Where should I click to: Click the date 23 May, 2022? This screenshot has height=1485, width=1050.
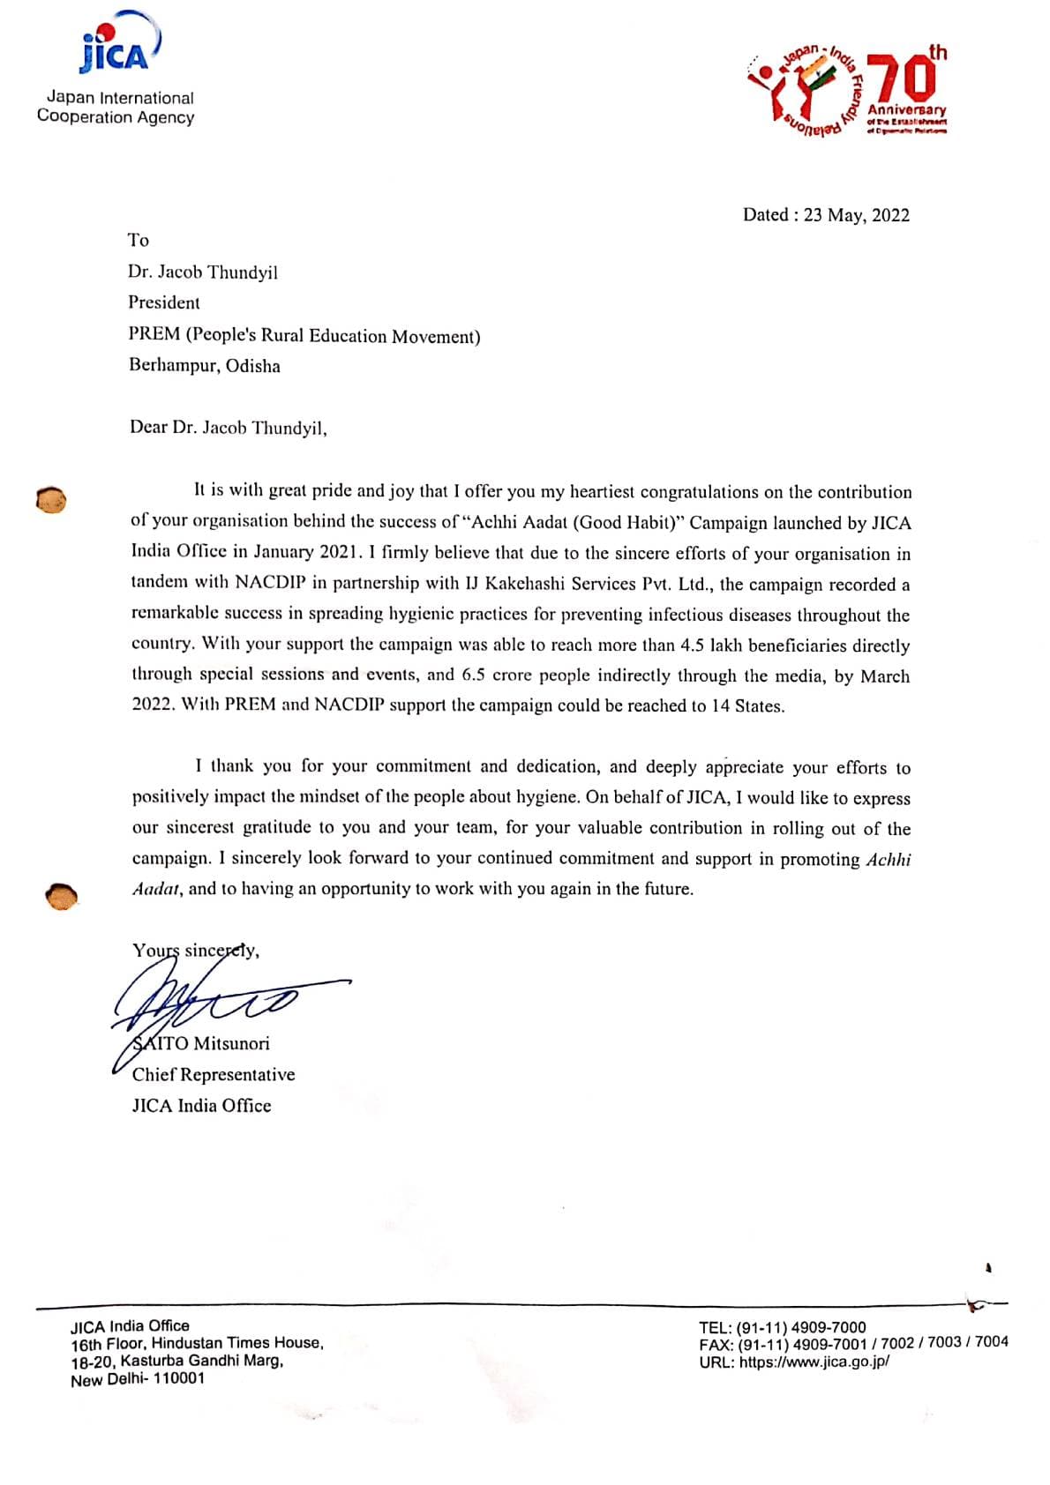point(856,215)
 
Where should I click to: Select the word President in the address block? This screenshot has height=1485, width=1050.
point(164,302)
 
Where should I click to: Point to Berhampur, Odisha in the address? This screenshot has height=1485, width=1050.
point(205,365)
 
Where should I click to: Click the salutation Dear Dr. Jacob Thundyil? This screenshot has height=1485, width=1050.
point(228,428)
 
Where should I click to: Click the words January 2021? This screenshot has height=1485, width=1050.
point(307,552)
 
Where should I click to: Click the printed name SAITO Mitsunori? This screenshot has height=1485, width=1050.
point(201,1043)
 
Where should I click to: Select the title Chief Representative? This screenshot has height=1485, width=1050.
point(214,1074)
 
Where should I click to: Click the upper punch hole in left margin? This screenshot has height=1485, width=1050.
point(50,499)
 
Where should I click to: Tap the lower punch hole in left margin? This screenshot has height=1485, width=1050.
point(61,895)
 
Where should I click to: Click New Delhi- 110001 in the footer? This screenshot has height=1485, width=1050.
point(138,1379)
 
